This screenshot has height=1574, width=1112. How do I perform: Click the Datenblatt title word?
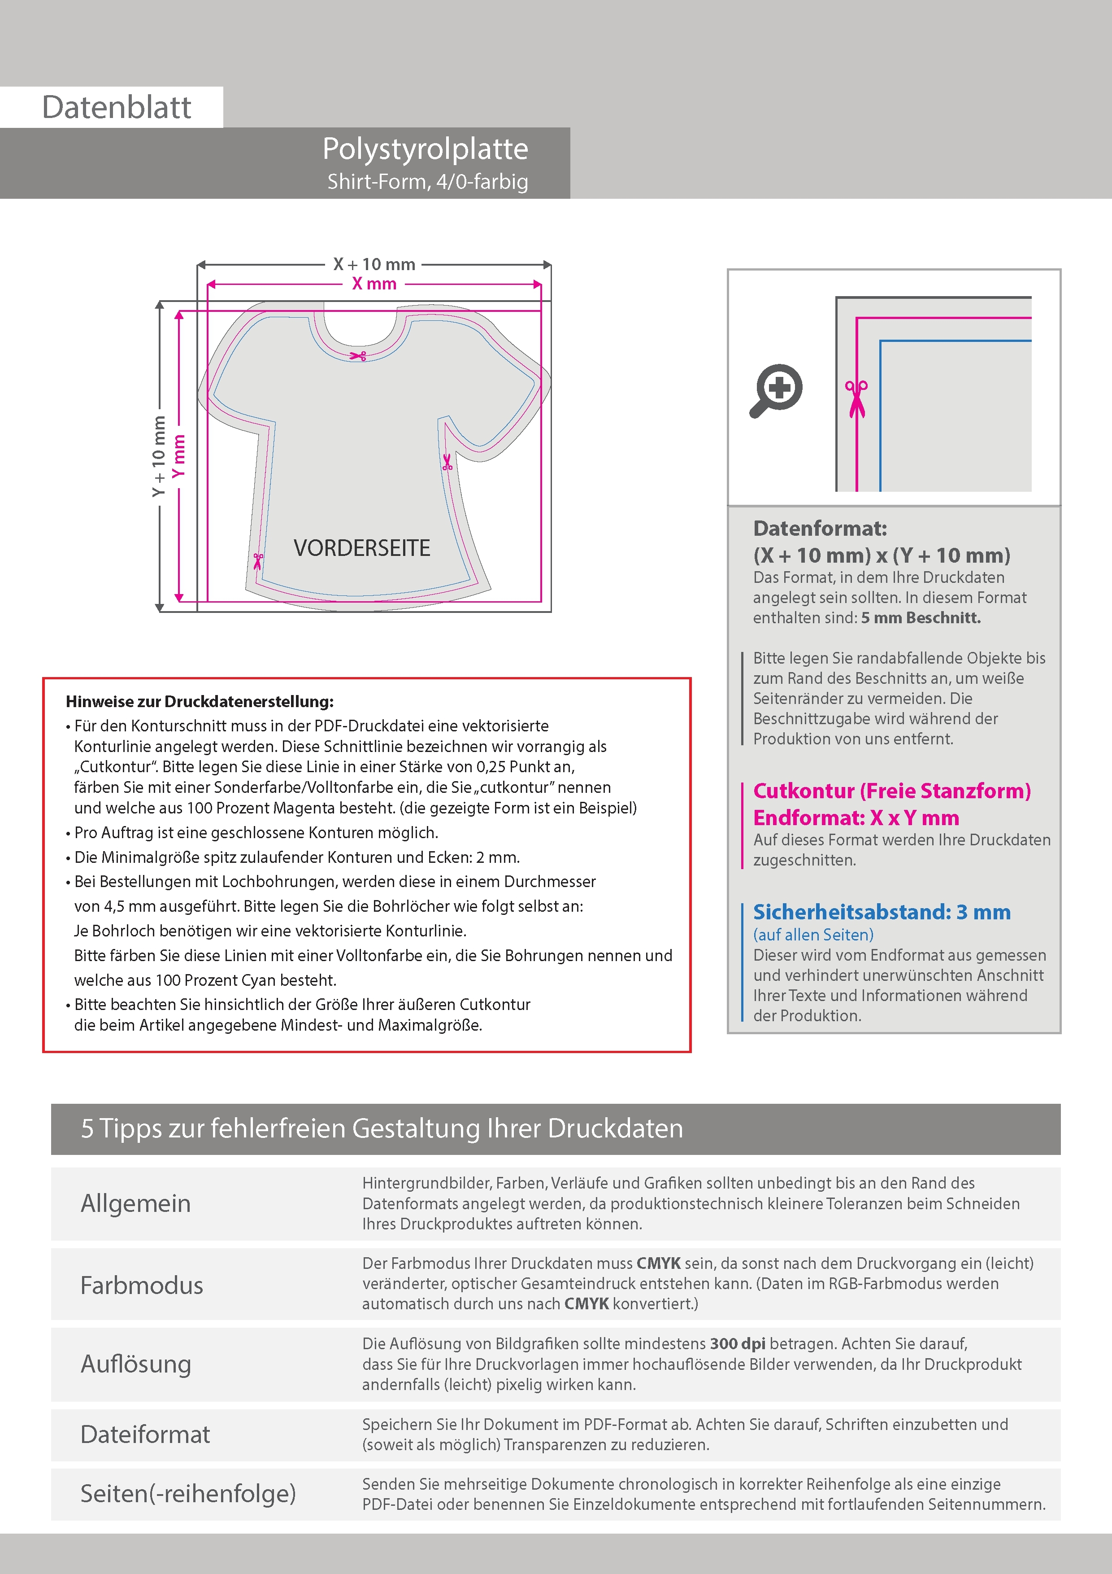pyautogui.click(x=117, y=108)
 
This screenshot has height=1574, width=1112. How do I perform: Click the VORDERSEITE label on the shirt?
pyautogui.click(x=362, y=548)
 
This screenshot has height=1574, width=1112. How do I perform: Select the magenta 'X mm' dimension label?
pyautogui.click(x=374, y=284)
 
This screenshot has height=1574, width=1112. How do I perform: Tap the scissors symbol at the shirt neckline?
pyautogui.click(x=358, y=355)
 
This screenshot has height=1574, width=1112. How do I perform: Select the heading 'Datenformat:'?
pyautogui.click(x=820, y=529)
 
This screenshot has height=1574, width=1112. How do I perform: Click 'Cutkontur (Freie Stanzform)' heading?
pyautogui.click(x=891, y=791)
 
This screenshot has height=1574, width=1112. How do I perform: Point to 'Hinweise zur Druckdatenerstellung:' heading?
pyautogui.click(x=200, y=701)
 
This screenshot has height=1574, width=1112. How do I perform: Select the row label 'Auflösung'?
pyautogui.click(x=136, y=1364)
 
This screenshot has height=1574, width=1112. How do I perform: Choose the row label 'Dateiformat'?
pyautogui.click(x=145, y=1434)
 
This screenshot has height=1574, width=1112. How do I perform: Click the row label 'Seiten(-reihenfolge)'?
pyautogui.click(x=188, y=1493)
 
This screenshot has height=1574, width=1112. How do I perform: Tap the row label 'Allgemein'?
pyautogui.click(x=136, y=1204)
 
